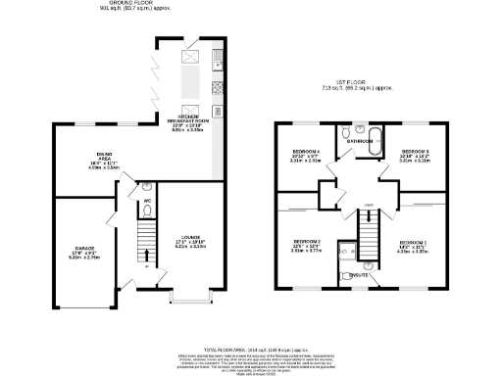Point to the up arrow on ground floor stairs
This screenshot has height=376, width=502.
tap(147, 265)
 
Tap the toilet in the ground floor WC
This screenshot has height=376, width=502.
tap(145, 186)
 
